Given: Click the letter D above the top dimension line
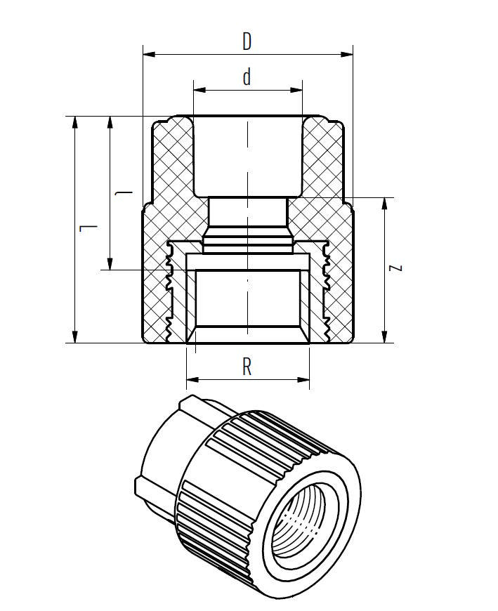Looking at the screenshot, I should click(x=247, y=41).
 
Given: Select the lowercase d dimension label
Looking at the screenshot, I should click(x=247, y=77).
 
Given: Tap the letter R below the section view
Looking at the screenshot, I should click(x=247, y=367).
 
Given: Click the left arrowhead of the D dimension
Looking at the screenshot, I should click(x=148, y=53).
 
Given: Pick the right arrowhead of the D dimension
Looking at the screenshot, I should click(x=348, y=53).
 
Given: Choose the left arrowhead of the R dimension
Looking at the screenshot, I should click(x=191, y=380).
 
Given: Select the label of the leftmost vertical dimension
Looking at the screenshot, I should click(x=86, y=228).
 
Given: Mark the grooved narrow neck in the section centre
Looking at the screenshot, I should click(x=247, y=225).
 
